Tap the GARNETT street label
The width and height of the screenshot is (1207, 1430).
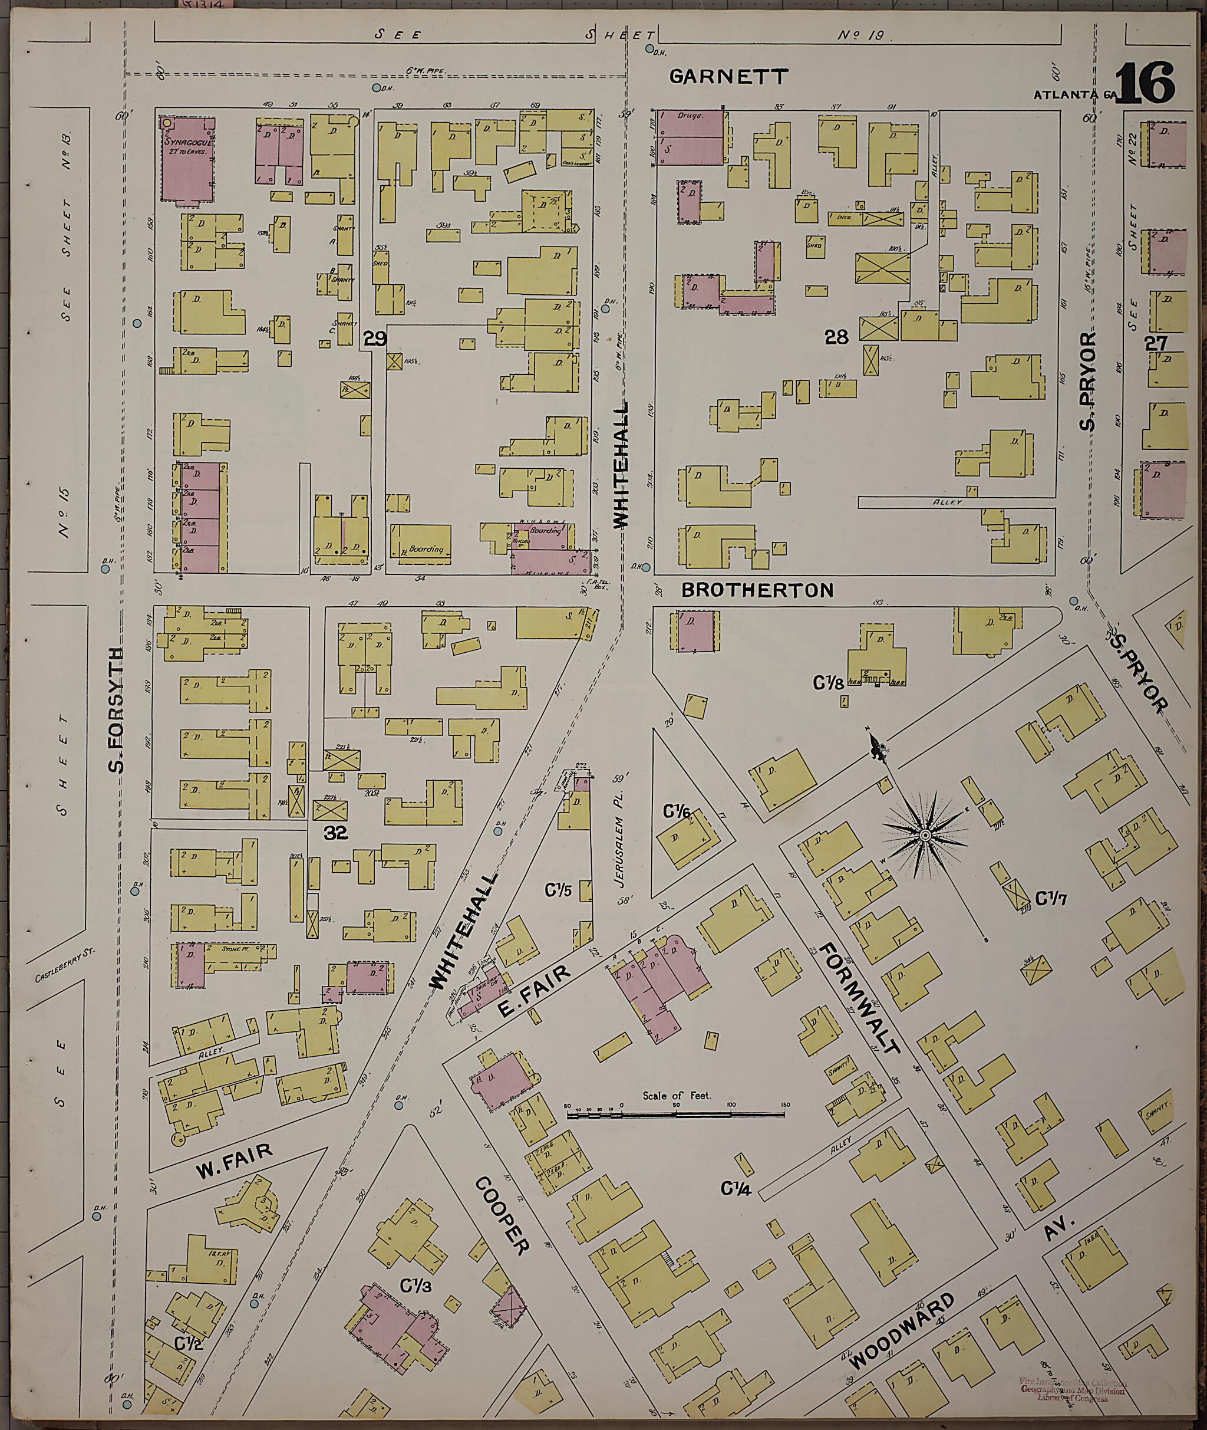728,77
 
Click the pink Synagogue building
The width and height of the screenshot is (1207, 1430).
186,162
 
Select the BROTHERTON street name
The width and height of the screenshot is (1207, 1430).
757,590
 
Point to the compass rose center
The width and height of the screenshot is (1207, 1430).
925,836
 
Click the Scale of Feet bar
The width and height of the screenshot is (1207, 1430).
675,1115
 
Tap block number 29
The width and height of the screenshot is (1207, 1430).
375,337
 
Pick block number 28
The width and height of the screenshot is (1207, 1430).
836,336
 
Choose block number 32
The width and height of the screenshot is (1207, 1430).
336,833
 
